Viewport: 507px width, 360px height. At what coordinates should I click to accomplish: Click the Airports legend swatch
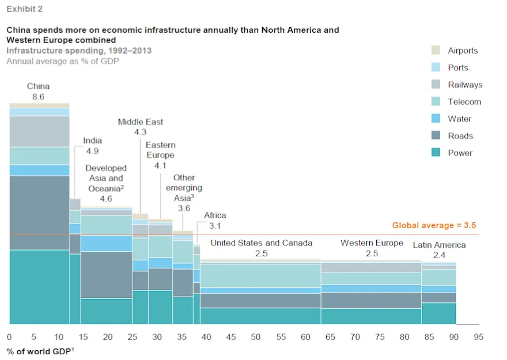[x=436, y=50]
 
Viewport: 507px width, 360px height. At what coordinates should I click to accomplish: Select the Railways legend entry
[x=464, y=85]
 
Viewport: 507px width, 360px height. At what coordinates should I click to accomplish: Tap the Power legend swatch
[x=436, y=153]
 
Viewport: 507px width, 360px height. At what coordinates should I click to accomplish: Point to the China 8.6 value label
[x=38, y=97]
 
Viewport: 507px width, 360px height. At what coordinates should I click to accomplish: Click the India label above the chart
[x=92, y=141]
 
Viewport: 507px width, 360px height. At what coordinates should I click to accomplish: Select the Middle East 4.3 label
[x=140, y=132]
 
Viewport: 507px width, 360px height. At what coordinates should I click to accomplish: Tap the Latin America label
[x=439, y=245]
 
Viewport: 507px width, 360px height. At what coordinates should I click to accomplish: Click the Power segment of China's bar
[x=39, y=287]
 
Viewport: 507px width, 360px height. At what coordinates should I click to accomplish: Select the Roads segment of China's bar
[x=39, y=213]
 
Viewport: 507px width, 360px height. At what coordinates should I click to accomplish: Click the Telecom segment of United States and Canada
[x=260, y=276]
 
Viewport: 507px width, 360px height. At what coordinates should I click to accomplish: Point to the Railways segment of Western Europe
[x=371, y=267]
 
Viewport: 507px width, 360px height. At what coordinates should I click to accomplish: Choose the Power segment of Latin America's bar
[x=438, y=313]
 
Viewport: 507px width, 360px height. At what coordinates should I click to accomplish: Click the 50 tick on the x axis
[x=255, y=336]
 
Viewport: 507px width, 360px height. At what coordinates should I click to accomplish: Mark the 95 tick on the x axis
[x=478, y=336]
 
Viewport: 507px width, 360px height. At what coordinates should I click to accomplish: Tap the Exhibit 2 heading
[x=24, y=9]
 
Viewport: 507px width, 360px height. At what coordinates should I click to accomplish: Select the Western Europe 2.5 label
[x=372, y=248]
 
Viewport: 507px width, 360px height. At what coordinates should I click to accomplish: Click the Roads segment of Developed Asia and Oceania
[x=106, y=275]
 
